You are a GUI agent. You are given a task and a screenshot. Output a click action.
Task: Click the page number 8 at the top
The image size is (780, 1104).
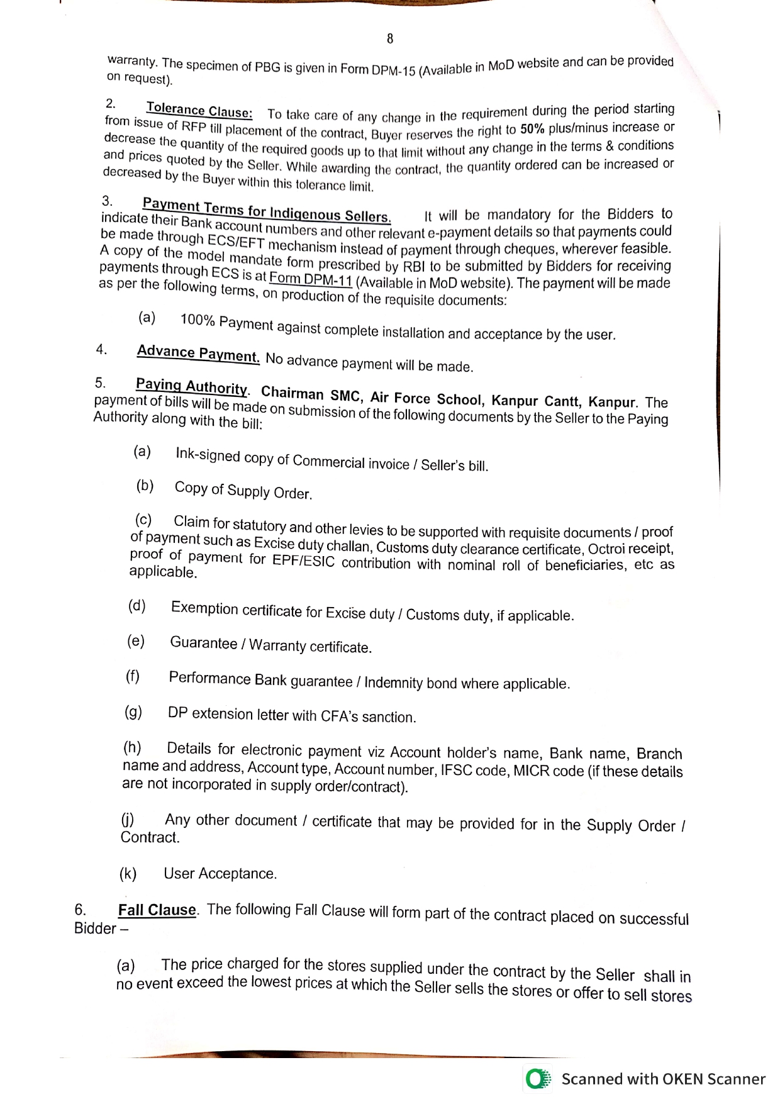coord(390,39)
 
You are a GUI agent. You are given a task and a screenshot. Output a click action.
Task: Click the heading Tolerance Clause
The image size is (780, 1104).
coord(199,110)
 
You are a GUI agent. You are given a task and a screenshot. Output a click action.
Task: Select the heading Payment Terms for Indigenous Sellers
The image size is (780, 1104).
coord(267,210)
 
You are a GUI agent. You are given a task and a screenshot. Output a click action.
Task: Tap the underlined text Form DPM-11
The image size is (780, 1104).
coord(310,279)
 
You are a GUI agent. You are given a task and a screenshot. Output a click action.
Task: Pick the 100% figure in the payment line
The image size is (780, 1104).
coord(198,320)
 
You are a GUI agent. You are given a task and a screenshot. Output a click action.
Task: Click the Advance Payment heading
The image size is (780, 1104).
coord(198,354)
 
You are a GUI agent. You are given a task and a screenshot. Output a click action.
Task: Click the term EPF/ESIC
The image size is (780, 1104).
coord(304,561)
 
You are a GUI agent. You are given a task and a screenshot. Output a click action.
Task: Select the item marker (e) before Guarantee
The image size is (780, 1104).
coord(136,641)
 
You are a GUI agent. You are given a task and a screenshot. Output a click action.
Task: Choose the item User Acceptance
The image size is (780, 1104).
coord(220,874)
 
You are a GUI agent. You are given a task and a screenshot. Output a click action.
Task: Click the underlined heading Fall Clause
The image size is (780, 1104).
coord(157,910)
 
